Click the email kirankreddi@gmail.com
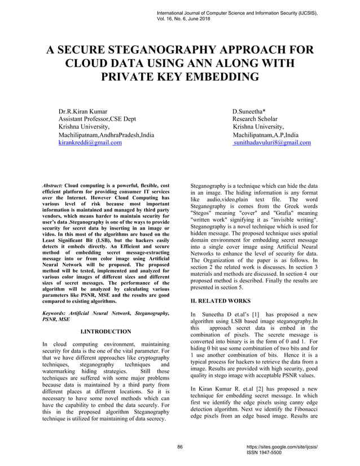pos(90,143)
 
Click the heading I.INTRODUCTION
pos(106,331)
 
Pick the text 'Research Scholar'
pos(255,120)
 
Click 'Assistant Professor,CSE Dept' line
pos(98,120)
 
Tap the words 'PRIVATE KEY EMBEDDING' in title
pos(180,76)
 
